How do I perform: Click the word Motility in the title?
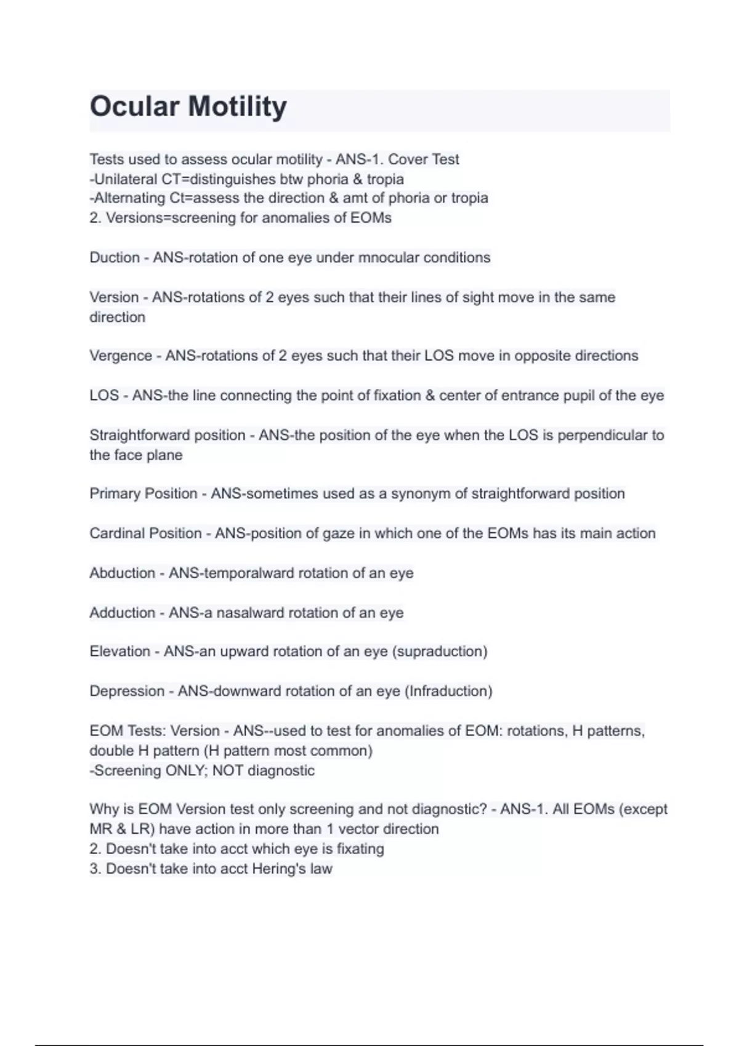pyautogui.click(x=237, y=106)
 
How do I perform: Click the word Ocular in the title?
pyautogui.click(x=134, y=106)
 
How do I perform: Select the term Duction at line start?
pyautogui.click(x=115, y=257)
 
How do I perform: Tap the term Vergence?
pyautogui.click(x=121, y=356)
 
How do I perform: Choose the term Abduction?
pyautogui.click(x=122, y=573)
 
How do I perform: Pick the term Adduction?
pyautogui.click(x=122, y=613)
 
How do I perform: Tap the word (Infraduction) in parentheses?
pyautogui.click(x=448, y=691)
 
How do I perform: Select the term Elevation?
pyautogui.click(x=119, y=652)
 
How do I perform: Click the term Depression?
pyautogui.click(x=126, y=691)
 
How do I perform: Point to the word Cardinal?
pyautogui.click(x=115, y=533)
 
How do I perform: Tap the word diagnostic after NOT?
pyautogui.click(x=281, y=770)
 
